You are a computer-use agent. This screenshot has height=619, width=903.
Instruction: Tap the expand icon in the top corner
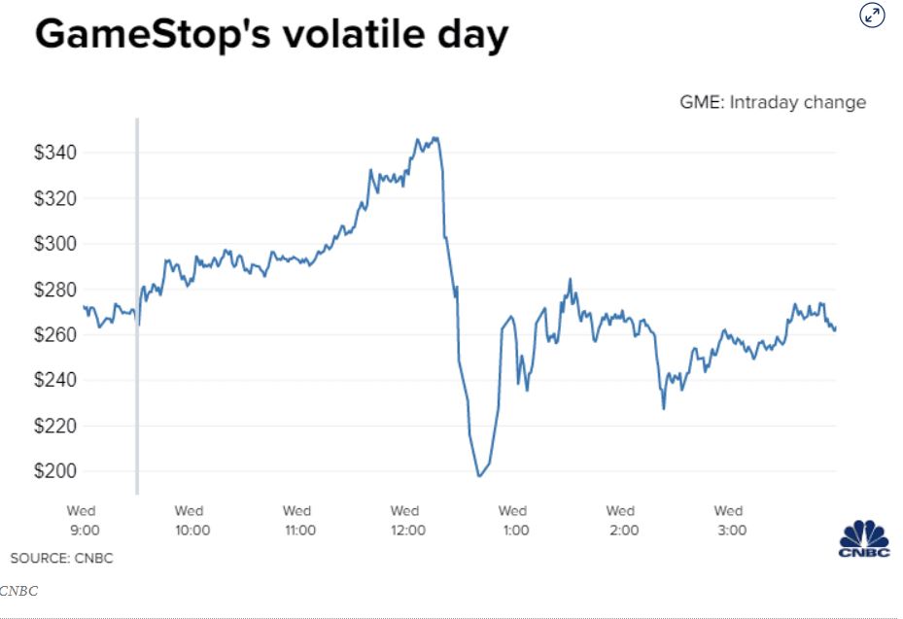click(872, 16)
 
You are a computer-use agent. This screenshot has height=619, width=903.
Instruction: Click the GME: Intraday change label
click(772, 102)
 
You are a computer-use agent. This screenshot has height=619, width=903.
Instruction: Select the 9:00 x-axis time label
click(83, 530)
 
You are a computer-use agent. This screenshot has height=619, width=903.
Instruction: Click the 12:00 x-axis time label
click(406, 530)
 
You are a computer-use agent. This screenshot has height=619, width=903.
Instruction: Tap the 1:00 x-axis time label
click(514, 530)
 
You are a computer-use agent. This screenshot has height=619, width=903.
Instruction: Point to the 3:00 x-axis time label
click(730, 530)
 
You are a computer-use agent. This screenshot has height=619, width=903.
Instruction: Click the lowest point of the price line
click(479, 476)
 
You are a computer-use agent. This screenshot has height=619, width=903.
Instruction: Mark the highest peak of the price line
click(434, 138)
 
